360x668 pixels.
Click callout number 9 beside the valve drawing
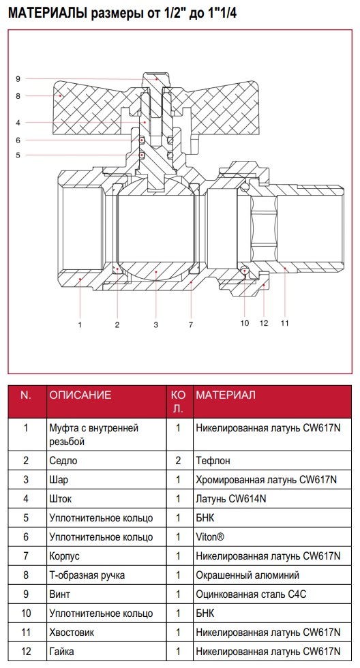pyautogui.click(x=18, y=79)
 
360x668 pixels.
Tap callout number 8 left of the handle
pyautogui.click(x=18, y=96)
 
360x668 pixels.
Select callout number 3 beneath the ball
pyautogui.click(x=156, y=325)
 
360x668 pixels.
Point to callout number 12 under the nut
pyautogui.click(x=264, y=323)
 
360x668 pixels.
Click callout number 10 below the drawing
pyautogui.click(x=245, y=323)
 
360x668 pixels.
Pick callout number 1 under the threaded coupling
pyautogui.click(x=80, y=325)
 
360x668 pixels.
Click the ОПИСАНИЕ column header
pyautogui.click(x=80, y=395)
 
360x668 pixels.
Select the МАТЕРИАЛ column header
pyautogui.click(x=226, y=395)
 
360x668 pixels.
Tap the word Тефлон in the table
pyautogui.click(x=213, y=461)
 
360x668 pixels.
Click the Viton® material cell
pyautogui.click(x=209, y=537)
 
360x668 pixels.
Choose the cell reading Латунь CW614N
pyautogui.click(x=231, y=498)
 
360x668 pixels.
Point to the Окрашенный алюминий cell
pyautogui.click(x=247, y=575)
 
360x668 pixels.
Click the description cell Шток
pyautogui.click(x=61, y=498)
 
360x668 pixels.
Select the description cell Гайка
pyautogui.click(x=61, y=652)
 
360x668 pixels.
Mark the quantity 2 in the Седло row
pyautogui.click(x=179, y=461)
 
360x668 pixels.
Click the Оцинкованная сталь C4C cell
pyautogui.click(x=251, y=594)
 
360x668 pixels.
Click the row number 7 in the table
pyautogui.click(x=26, y=556)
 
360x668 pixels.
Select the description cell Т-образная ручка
pyautogui.click(x=87, y=575)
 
